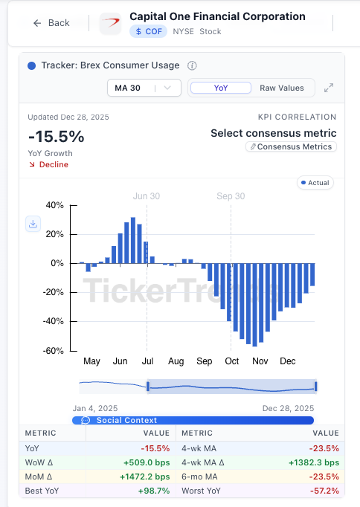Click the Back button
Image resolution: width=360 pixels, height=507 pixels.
coord(51,23)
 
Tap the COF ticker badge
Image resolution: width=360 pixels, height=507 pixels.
coord(147,31)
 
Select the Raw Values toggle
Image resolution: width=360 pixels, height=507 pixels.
coord(281,88)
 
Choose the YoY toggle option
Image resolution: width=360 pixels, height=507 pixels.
coord(221,88)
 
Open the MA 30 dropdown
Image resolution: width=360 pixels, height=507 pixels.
coord(144,88)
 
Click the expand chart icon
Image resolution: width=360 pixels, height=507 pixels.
coord(329,88)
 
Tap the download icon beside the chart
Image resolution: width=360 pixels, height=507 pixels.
coord(33,224)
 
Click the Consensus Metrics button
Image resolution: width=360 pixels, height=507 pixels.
coord(291,147)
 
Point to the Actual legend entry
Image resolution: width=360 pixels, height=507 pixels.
coord(315,182)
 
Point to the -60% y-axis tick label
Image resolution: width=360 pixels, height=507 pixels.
coord(54,351)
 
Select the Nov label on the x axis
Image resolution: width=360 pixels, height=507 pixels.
coord(260,361)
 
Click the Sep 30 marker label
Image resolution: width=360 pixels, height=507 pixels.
coord(231,196)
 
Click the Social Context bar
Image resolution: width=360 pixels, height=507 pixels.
coord(193,420)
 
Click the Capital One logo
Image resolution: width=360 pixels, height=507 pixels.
coord(110,23)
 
